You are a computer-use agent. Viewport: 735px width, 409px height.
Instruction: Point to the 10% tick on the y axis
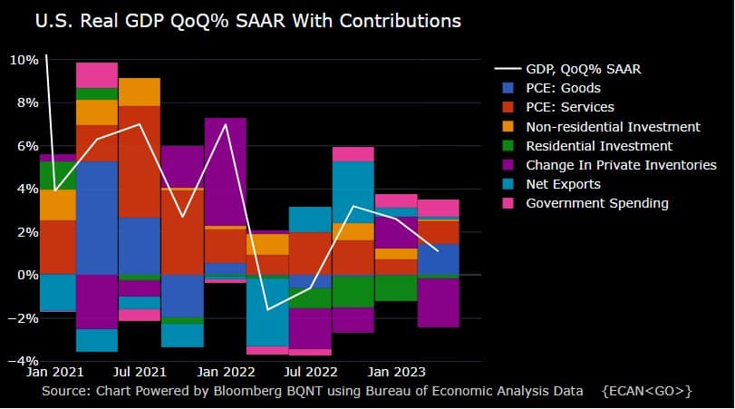click(23, 60)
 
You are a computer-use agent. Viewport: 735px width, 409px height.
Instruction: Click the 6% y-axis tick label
click(26, 146)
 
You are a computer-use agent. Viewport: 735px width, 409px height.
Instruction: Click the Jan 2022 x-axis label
click(226, 371)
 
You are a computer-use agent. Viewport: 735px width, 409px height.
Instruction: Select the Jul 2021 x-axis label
click(140, 371)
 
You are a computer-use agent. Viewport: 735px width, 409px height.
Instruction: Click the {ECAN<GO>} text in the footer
click(646, 391)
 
